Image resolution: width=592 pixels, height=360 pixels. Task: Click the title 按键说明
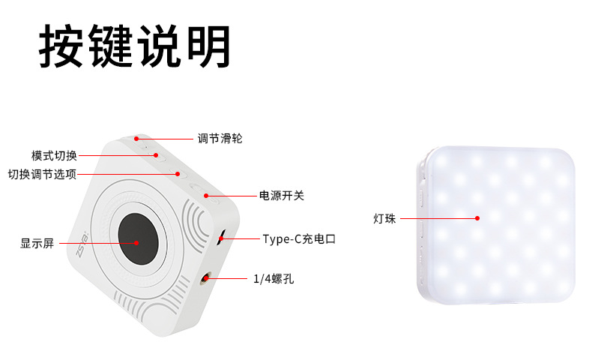[135, 46]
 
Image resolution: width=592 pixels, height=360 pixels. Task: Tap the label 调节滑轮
[220, 139]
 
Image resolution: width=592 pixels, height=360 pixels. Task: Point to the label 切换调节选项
[42, 174]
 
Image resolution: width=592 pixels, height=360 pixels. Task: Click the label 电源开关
[281, 196]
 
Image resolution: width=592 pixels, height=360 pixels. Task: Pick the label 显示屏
[37, 243]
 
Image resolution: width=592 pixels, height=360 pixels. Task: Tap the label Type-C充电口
[299, 239]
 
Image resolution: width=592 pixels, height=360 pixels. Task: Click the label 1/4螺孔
[274, 279]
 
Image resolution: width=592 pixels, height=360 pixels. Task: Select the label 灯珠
[384, 218]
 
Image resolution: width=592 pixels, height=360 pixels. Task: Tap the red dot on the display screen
[137, 242]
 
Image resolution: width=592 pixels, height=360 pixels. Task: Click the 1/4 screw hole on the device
[205, 280]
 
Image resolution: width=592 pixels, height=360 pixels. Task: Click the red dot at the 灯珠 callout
[477, 218]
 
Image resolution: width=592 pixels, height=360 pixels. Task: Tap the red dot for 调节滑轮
[136, 139]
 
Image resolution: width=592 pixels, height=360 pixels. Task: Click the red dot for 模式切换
[157, 155]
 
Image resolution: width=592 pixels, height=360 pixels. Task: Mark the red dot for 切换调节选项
[178, 174]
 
